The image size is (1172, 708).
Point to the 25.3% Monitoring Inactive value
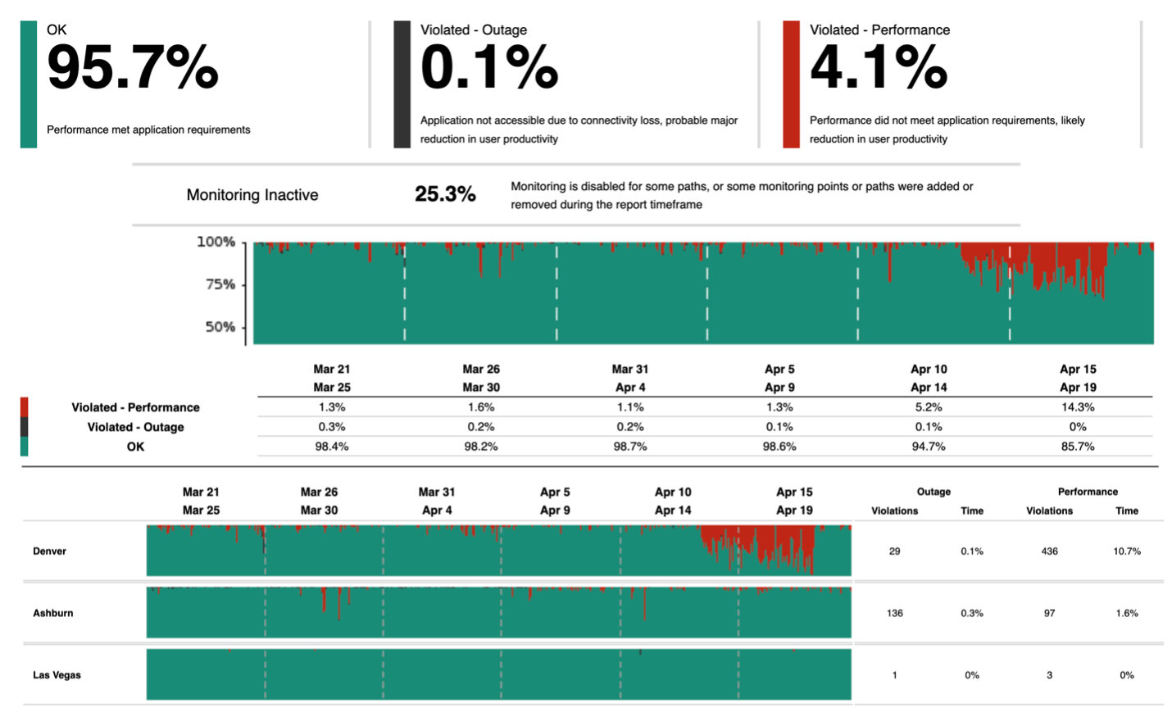(x=445, y=194)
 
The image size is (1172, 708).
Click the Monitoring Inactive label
(x=252, y=195)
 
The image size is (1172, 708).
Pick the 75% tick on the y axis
(x=220, y=284)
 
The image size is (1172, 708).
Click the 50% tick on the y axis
(x=220, y=327)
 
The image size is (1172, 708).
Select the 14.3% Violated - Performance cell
(x=1077, y=407)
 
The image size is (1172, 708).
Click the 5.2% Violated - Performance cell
(x=928, y=407)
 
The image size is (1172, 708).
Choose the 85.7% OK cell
(x=1077, y=447)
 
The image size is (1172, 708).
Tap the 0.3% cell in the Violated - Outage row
(x=331, y=427)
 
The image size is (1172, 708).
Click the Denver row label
(x=50, y=551)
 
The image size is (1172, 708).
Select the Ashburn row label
(x=53, y=613)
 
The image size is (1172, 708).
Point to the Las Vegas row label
(x=57, y=675)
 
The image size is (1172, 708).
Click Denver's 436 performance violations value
(x=1049, y=551)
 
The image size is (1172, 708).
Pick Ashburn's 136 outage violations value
(x=894, y=613)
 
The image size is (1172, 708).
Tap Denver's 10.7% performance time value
(x=1126, y=551)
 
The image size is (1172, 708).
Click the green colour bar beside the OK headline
(x=29, y=84)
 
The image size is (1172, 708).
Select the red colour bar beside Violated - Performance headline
(x=791, y=84)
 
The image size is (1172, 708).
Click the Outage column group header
(x=934, y=492)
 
